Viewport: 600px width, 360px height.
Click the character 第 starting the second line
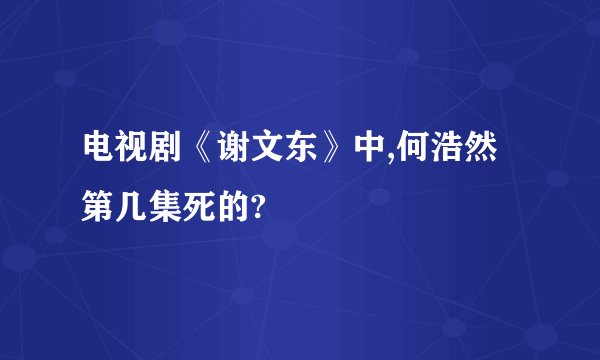coord(100,206)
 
